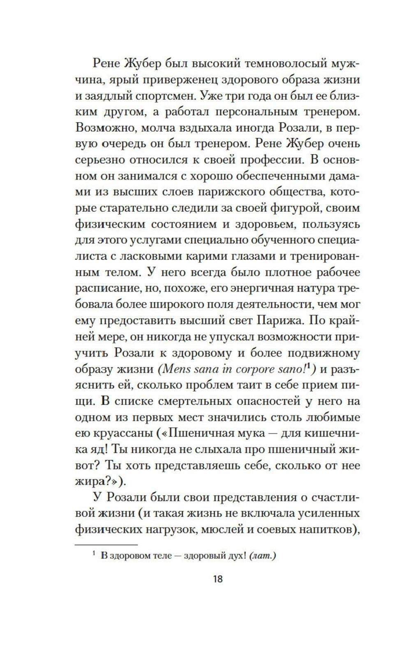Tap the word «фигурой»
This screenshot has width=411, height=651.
(x=297, y=208)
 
